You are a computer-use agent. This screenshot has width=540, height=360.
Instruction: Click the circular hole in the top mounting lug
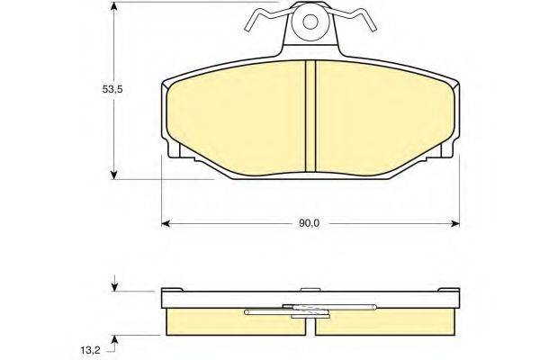tap(310, 22)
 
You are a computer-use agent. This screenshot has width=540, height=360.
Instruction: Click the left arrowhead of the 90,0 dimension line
tap(166, 222)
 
